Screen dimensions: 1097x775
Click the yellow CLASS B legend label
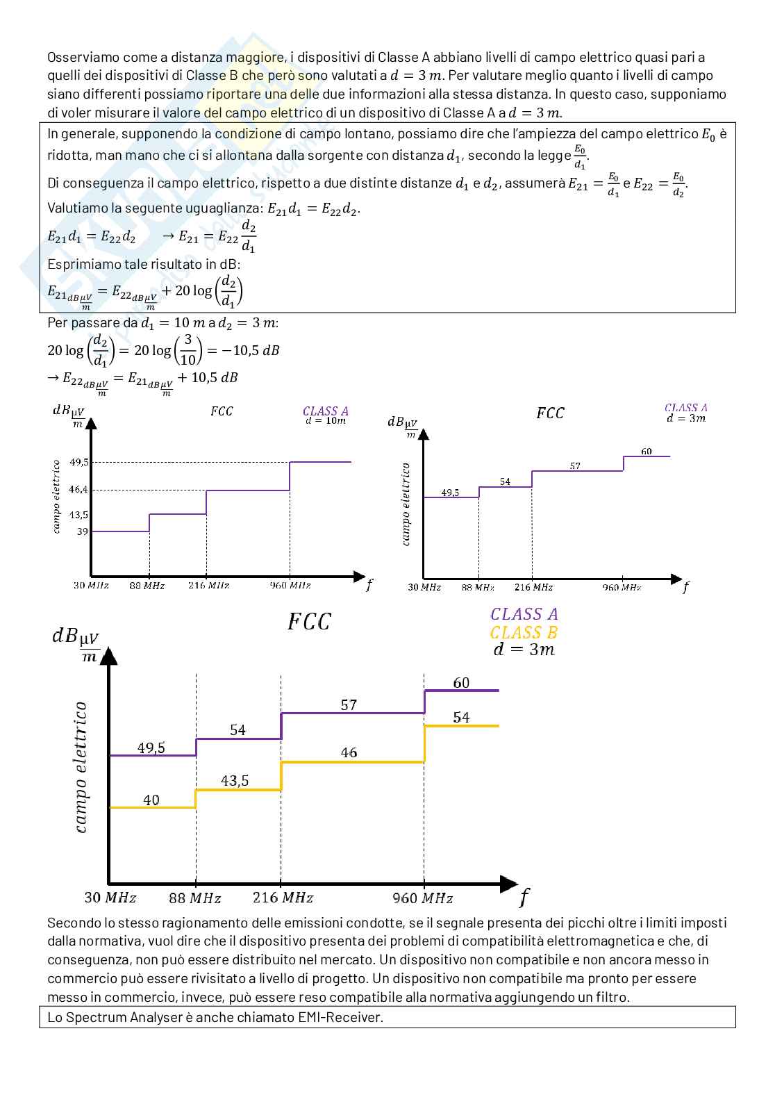[x=524, y=632]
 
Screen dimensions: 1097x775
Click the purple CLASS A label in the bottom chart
[x=524, y=614]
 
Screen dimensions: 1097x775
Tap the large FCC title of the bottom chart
[x=309, y=622]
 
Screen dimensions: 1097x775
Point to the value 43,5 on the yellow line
[x=235, y=781]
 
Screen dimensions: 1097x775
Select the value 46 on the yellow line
[x=349, y=753]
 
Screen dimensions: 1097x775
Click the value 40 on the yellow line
[x=151, y=800]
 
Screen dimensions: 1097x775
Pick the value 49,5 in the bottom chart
[x=151, y=748]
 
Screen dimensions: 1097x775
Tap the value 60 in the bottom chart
[x=461, y=683]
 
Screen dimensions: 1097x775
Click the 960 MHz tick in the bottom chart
[x=422, y=898]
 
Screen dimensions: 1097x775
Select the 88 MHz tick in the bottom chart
[x=195, y=898]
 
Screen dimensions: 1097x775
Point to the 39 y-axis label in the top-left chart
[x=83, y=531]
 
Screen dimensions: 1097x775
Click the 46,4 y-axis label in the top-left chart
[x=78, y=490]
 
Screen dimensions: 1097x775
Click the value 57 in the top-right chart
[x=575, y=465]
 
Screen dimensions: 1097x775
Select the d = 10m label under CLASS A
[x=326, y=421]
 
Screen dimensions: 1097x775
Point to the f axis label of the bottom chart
[x=523, y=898]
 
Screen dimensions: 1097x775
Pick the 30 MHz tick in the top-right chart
[x=424, y=588]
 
